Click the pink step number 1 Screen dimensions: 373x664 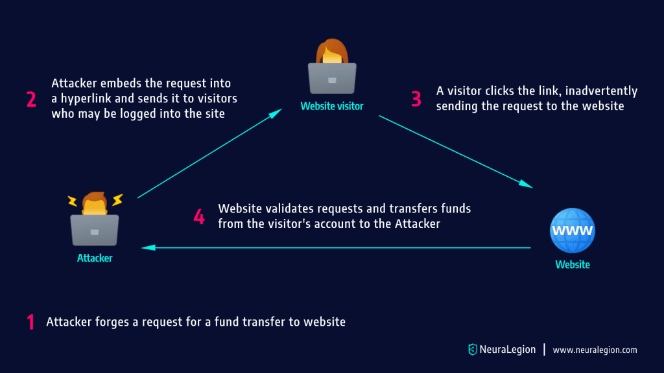click(x=30, y=322)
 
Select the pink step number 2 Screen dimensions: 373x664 click(x=30, y=99)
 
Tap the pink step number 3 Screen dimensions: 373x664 click(x=416, y=98)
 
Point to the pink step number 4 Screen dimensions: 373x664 click(x=199, y=216)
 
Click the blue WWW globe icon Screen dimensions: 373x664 click(x=572, y=230)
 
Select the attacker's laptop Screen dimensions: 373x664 click(x=94, y=230)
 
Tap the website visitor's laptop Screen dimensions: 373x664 click(x=331, y=78)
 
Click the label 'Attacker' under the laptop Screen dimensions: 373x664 click(x=95, y=258)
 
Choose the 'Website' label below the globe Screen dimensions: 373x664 click(x=573, y=264)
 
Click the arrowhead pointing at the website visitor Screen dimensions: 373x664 click(x=277, y=112)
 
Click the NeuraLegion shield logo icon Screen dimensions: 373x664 click(x=472, y=350)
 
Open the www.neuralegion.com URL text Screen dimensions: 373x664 click(x=595, y=350)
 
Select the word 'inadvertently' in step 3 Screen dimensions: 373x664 click(x=606, y=91)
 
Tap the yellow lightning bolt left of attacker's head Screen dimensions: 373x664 click(x=73, y=199)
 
